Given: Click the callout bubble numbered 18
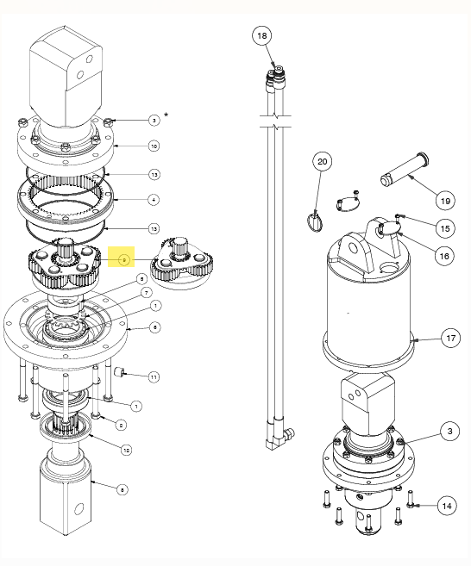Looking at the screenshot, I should [x=262, y=35].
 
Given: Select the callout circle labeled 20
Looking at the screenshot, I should [x=322, y=161].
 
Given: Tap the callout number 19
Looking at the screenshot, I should [x=444, y=201].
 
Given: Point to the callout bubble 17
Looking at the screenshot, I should [x=450, y=338].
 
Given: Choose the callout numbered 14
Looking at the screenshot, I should [x=445, y=505].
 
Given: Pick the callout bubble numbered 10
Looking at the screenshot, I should [x=154, y=146].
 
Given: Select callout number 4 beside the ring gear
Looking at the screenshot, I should [x=154, y=200].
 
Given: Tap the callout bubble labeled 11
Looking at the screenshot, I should [x=154, y=377].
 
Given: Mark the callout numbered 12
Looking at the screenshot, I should [x=126, y=450].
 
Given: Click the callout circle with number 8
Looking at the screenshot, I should [x=122, y=488].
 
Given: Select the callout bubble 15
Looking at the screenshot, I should [x=444, y=228].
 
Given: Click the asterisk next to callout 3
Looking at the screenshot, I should [x=166, y=115].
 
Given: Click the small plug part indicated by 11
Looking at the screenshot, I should [x=122, y=372].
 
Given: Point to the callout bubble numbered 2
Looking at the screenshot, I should [x=122, y=425].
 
